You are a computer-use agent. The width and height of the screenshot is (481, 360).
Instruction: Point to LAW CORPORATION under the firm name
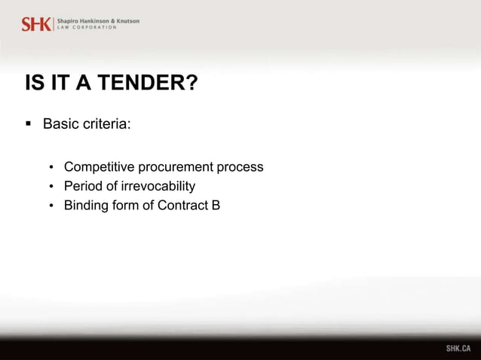coord(87,28)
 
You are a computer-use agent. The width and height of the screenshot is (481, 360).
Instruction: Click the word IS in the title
coord(33,83)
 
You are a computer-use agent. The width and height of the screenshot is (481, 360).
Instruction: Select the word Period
coord(83,186)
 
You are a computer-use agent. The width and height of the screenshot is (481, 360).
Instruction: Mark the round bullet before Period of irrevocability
coord(51,187)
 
